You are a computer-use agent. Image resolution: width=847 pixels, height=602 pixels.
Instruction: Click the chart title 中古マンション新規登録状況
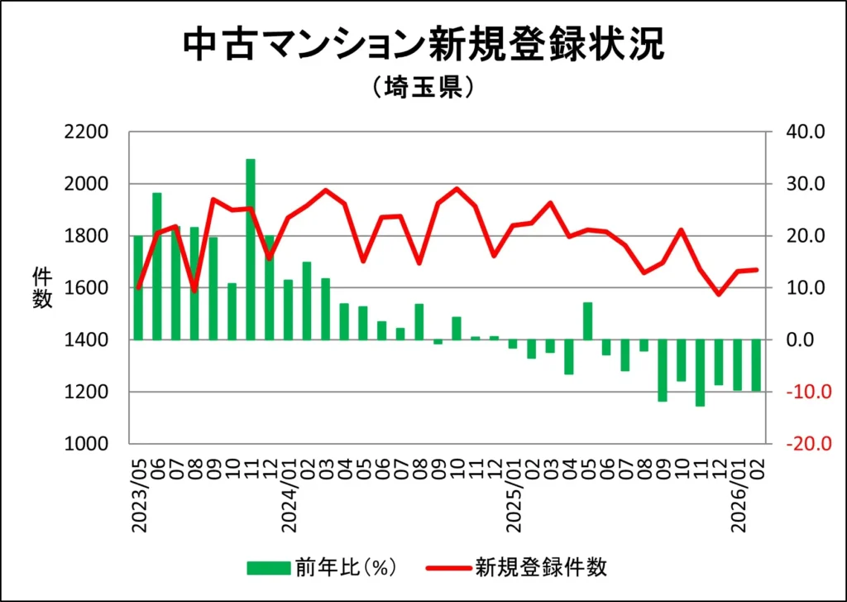(x=423, y=46)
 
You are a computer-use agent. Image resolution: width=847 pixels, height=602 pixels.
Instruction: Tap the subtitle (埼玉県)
(x=423, y=88)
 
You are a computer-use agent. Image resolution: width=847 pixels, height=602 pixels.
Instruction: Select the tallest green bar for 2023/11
(x=251, y=248)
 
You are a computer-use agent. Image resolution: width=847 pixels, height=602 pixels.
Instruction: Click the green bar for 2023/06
(x=157, y=266)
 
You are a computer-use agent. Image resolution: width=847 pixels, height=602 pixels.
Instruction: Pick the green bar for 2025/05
(x=587, y=320)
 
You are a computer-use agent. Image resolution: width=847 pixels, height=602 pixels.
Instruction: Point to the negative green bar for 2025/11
(x=700, y=373)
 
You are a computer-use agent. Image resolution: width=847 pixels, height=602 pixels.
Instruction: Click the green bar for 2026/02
(x=756, y=365)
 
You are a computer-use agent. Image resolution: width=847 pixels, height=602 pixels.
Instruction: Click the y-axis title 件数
(x=41, y=287)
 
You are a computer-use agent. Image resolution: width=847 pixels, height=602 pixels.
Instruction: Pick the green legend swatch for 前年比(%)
(x=268, y=567)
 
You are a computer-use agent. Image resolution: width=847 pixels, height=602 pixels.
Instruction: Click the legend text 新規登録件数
(x=541, y=567)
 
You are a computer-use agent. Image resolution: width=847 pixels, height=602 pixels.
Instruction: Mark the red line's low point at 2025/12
(x=719, y=294)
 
